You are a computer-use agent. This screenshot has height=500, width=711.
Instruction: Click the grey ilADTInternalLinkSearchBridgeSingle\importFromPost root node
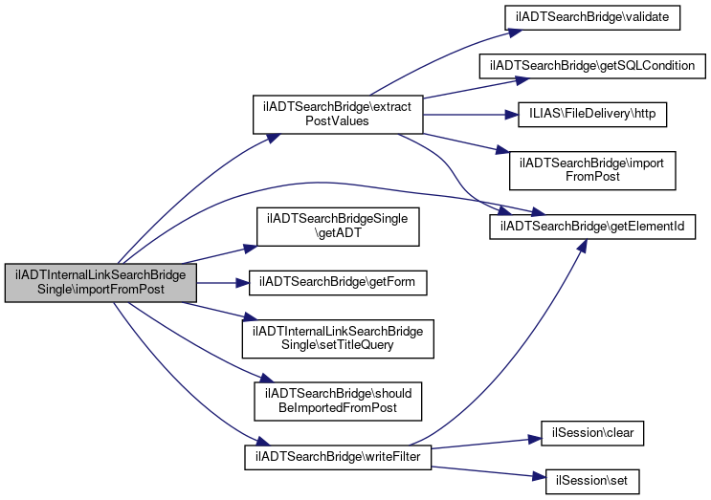[101, 282]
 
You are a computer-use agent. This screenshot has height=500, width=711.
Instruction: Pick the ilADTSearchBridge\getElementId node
[592, 227]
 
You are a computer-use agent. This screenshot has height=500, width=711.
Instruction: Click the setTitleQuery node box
[337, 337]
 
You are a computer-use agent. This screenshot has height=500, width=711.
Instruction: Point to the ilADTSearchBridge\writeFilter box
[337, 457]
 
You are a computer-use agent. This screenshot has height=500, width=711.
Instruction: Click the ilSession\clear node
[592, 432]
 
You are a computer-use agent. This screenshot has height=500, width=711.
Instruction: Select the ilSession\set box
[592, 475]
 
